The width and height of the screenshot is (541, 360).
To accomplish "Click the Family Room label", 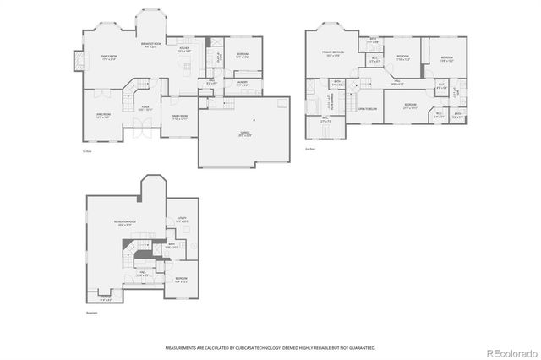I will pos(108,57).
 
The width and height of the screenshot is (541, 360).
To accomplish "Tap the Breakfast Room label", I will pos(153,46).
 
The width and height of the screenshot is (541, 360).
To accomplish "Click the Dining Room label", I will pos(180,117).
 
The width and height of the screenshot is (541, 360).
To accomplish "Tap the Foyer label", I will pos(145,107).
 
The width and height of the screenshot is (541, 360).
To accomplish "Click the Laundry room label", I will pos(242,82).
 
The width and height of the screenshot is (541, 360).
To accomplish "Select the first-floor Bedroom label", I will pos(243,55).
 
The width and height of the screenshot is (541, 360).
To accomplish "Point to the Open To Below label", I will pos(367,109).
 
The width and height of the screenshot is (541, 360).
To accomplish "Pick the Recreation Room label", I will pos(128,223).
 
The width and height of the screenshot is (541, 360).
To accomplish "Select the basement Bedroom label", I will pos(182,279).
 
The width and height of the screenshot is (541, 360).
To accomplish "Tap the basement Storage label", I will pos(106,297).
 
